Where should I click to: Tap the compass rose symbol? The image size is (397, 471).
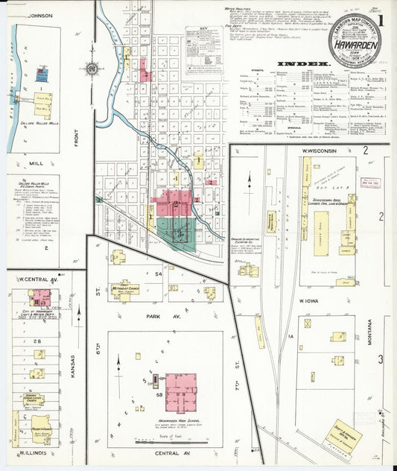[x=92, y=68]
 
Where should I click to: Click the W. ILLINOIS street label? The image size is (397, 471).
[x=34, y=452]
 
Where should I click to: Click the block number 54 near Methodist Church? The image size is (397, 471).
[x=158, y=275]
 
